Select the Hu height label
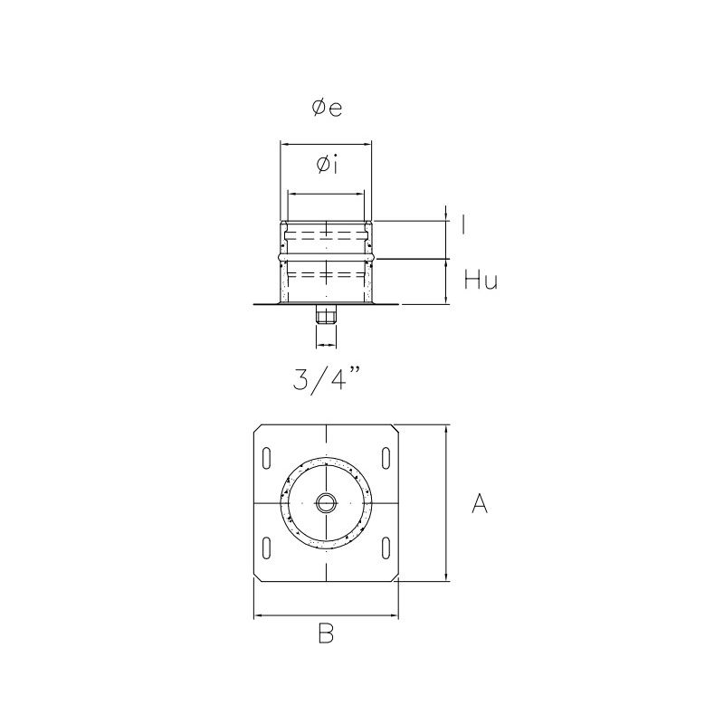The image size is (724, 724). coord(481,281)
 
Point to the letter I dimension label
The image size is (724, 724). coord(464,225)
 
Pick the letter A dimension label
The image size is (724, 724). coord(480,505)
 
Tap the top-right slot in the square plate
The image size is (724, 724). coord(386,458)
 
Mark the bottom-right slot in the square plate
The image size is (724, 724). coord(386,547)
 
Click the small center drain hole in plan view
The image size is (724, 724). coord(326,502)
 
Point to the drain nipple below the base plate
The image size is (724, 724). coord(326,316)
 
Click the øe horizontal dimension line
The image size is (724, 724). coord(326,143)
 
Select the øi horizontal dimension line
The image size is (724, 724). coord(326,193)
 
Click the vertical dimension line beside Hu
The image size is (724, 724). coord(446,282)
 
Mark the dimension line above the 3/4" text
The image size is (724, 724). coord(326,346)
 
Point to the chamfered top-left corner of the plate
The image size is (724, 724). coord(258,428)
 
